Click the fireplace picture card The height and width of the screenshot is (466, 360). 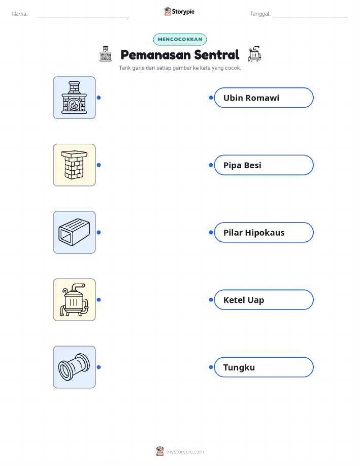pos(74,98)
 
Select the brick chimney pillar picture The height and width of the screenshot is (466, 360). pos(74,165)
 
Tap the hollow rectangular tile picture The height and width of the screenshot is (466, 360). pos(74,232)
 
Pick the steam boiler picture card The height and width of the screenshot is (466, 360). pos(74,300)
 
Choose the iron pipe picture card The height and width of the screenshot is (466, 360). pos(74,367)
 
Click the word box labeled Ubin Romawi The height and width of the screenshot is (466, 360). pos(264,98)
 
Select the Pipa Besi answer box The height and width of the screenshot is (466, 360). pos(264,165)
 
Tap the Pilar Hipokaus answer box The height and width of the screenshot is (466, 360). pos(264,232)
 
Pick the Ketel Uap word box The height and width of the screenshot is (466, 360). pos(264,300)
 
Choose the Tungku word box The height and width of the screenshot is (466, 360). pos(264,367)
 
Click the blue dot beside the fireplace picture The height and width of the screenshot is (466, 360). pos(99,98)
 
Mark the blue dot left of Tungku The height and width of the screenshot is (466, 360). pos(211,367)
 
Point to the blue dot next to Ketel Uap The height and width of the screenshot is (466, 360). pos(211,300)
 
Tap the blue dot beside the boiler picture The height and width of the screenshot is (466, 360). pos(99,300)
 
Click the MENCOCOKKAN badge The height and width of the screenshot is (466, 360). pos(180,39)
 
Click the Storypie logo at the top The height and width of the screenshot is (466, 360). pos(179,12)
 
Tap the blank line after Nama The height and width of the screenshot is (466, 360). pos(83,17)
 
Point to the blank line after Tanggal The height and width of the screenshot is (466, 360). pos(311,17)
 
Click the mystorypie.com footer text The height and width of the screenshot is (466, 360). pos(185,452)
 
